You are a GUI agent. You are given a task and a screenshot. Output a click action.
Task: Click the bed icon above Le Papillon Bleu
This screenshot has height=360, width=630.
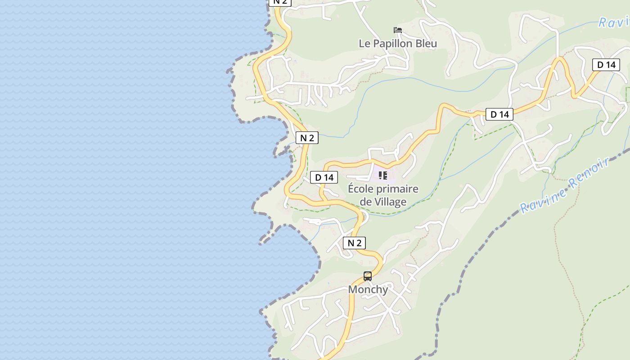tap(397, 30)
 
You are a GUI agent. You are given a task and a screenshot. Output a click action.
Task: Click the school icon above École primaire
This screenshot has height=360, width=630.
tap(382, 175)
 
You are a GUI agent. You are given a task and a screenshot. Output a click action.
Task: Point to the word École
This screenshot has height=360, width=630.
tap(361, 189)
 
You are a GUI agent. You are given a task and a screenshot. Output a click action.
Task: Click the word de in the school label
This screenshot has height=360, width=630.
tap(365, 202)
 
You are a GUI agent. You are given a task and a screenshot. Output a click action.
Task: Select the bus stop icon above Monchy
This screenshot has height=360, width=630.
tap(368, 276)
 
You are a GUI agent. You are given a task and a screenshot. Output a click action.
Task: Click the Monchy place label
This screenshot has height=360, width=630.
tap(368, 289)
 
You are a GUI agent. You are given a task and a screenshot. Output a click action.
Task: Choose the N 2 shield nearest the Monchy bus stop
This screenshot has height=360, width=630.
tap(354, 243)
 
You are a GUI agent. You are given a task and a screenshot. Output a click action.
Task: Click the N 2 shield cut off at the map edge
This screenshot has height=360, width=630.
tap(280, 2)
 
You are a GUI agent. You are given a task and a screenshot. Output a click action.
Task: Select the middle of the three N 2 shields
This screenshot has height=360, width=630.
tap(307, 138)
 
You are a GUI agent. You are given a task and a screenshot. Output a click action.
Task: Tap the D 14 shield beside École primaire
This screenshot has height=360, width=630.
tap(324, 177)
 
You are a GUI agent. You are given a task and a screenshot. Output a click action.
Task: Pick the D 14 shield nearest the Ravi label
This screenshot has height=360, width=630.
tap(606, 65)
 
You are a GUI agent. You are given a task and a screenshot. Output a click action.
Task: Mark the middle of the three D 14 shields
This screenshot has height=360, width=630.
tap(499, 114)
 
